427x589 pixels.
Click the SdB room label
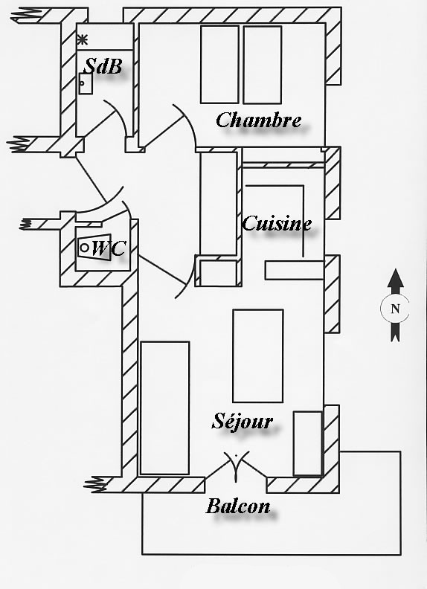click(103, 66)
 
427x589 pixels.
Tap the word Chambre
click(259, 120)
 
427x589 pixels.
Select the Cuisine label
click(277, 223)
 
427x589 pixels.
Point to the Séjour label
click(242, 422)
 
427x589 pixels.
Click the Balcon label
click(238, 506)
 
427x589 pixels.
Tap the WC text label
click(109, 248)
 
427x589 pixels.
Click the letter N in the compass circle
click(395, 309)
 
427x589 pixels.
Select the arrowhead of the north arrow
click(396, 278)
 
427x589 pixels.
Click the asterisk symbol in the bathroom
click(83, 39)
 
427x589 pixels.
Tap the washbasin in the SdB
click(86, 83)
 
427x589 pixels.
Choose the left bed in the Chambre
click(219, 65)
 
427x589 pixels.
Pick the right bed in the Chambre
click(263, 65)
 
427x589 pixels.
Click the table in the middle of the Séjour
click(258, 355)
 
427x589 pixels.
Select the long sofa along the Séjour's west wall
click(164, 408)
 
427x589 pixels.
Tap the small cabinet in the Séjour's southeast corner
click(308, 444)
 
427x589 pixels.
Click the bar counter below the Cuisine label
click(295, 270)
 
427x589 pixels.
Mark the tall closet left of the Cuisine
click(219, 203)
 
